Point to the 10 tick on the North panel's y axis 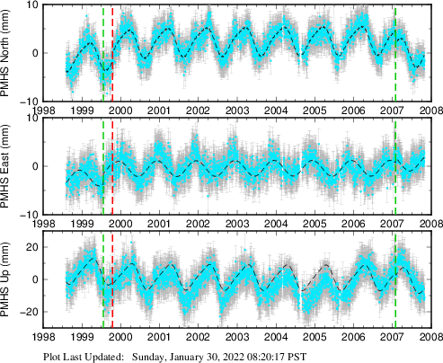(x=31, y=5)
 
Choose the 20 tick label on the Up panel (x=31, y=247)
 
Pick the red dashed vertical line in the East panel (x=112, y=167)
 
